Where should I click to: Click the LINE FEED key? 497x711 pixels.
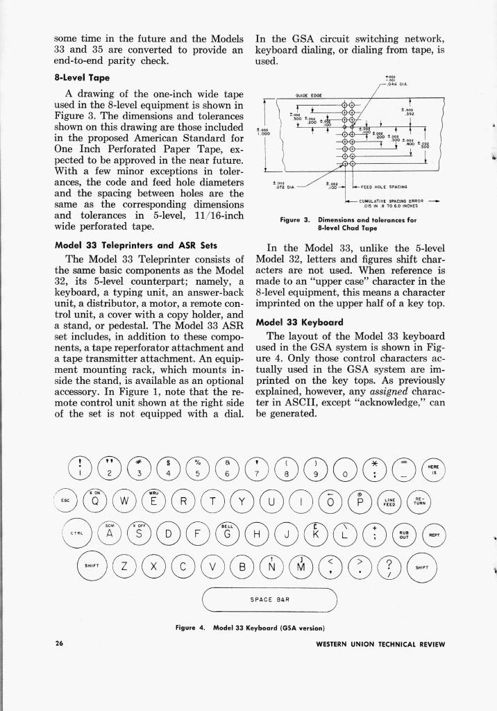pos(393,501)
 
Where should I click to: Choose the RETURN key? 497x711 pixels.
pos(421,501)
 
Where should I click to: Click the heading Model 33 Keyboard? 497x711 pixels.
pos(297,322)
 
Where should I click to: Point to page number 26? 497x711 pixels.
pos(60,644)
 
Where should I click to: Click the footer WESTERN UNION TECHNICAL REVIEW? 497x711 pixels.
pos(380,644)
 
